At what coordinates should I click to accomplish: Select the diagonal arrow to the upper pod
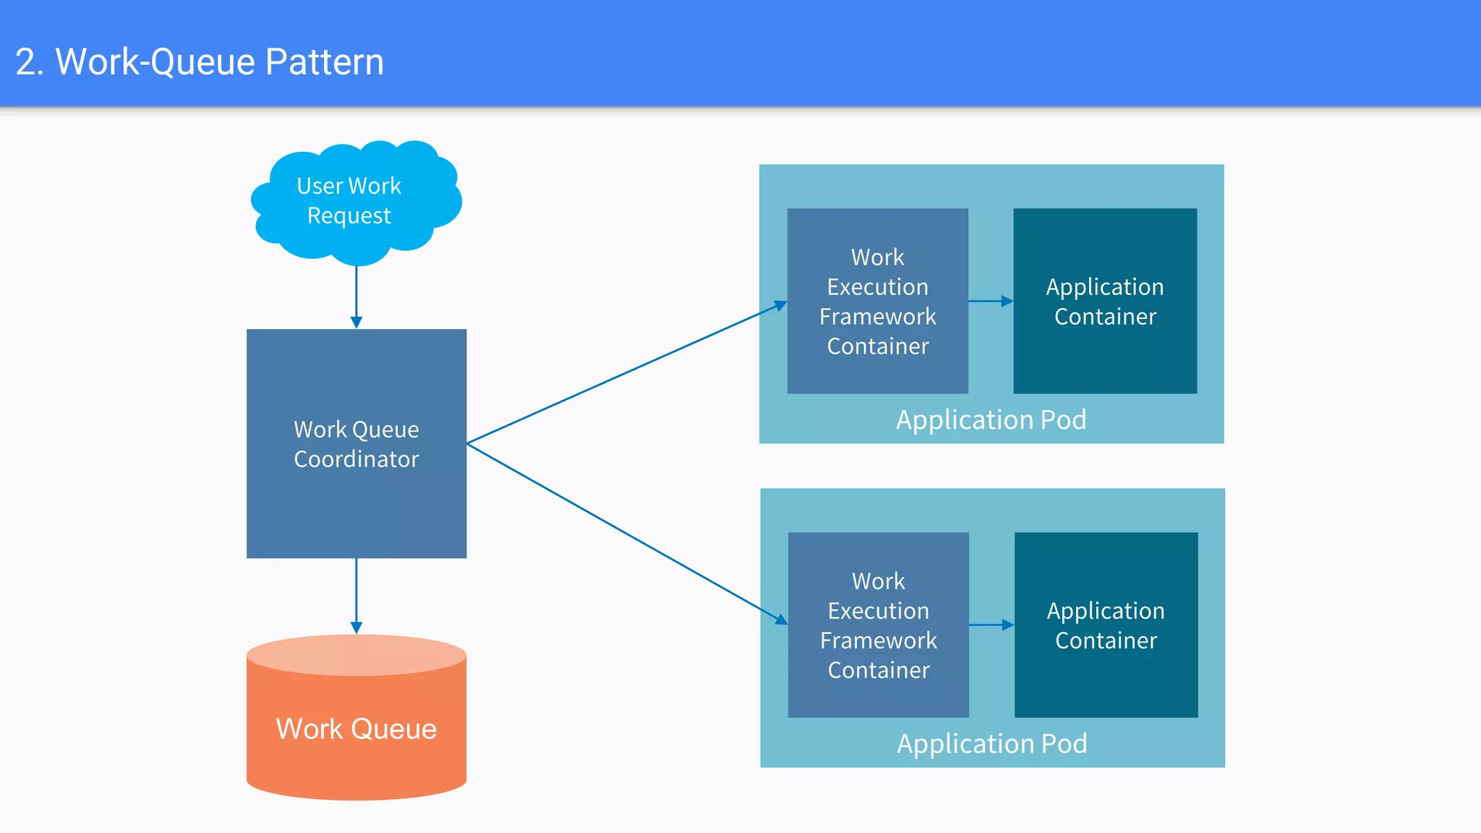626,373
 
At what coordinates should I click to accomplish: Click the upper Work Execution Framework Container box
877,301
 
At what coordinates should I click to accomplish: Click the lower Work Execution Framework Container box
878,625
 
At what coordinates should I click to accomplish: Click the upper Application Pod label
991,420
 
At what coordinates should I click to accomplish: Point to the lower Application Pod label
991,744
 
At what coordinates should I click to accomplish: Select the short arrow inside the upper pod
990,301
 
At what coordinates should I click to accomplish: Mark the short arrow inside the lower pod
991,625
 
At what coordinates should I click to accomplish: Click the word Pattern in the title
324,61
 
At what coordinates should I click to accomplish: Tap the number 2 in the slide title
25,62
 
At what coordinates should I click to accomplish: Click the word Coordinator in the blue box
356,459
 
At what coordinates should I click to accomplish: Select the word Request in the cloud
349,216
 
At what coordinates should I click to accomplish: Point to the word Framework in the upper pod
877,317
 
